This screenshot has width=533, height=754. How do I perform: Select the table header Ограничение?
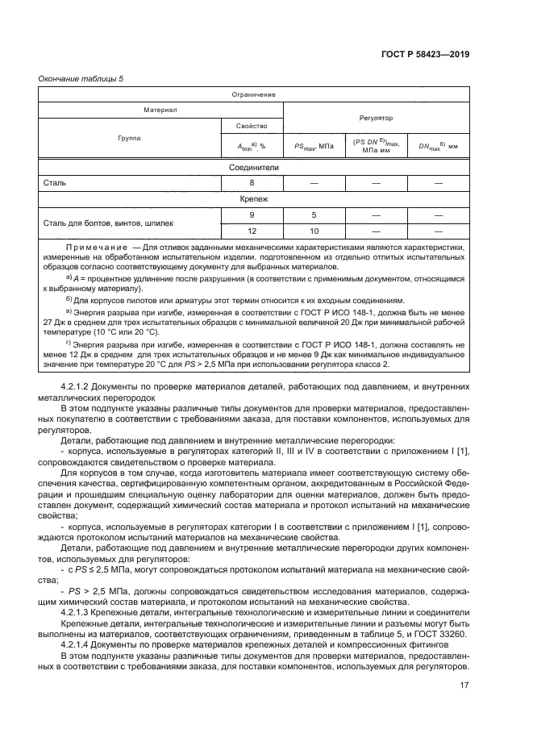point(253,94)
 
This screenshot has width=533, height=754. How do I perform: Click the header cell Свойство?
point(252,127)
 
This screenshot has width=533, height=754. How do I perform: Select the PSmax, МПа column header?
point(313,146)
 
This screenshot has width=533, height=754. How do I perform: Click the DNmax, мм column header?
point(438,146)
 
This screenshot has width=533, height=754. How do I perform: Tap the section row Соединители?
point(253,168)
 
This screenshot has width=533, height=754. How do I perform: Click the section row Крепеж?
point(253,198)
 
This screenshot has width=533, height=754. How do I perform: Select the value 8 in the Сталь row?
point(252,183)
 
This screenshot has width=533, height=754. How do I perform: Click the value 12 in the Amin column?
point(252,231)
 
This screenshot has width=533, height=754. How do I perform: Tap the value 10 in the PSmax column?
point(313,231)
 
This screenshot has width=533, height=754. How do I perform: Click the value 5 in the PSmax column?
point(313,215)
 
